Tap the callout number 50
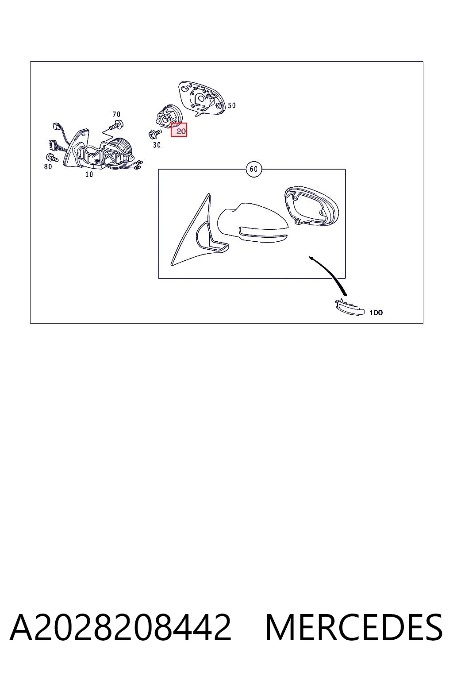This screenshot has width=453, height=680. pos(231,105)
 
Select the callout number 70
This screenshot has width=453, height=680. pos(116,114)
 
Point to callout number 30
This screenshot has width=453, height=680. pos(157,145)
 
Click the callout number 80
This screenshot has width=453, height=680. pos(48,166)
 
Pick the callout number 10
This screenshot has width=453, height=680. pos(89,174)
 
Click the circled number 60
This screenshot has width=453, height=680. pos(253,169)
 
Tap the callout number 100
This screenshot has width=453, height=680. pos(376,313)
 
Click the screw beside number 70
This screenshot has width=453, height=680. pos(118,124)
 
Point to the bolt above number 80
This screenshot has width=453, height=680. pos(52,158)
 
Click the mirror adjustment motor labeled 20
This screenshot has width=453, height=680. pos(169,117)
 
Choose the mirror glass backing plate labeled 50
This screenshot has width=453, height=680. pos(201,98)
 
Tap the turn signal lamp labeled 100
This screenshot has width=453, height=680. pos(349,307)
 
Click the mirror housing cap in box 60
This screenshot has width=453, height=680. pos(253,223)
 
